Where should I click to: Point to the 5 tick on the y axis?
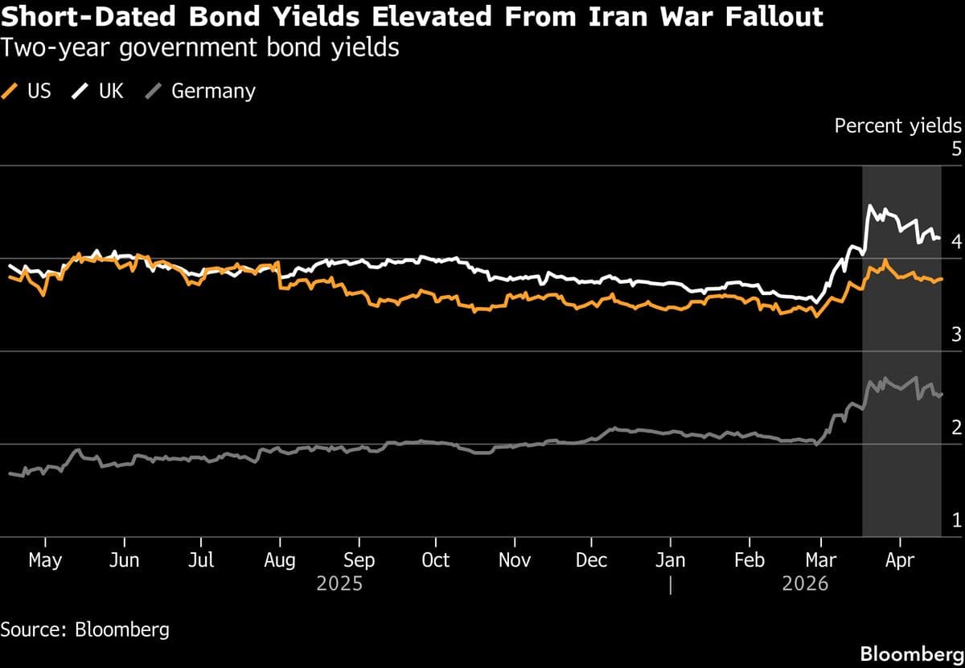[955, 149]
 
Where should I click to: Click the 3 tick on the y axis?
[955, 334]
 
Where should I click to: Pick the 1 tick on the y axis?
[955, 520]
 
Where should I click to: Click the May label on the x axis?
[45, 560]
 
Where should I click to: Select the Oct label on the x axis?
[435, 560]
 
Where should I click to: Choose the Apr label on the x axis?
[899, 560]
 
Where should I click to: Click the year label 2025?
[339, 584]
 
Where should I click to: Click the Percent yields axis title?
[897, 125]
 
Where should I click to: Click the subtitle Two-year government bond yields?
[200, 48]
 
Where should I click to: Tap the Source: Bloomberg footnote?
[85, 629]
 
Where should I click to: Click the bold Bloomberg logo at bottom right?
[912, 653]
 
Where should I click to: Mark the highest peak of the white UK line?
[869, 206]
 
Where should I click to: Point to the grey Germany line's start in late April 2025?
[10, 473]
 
